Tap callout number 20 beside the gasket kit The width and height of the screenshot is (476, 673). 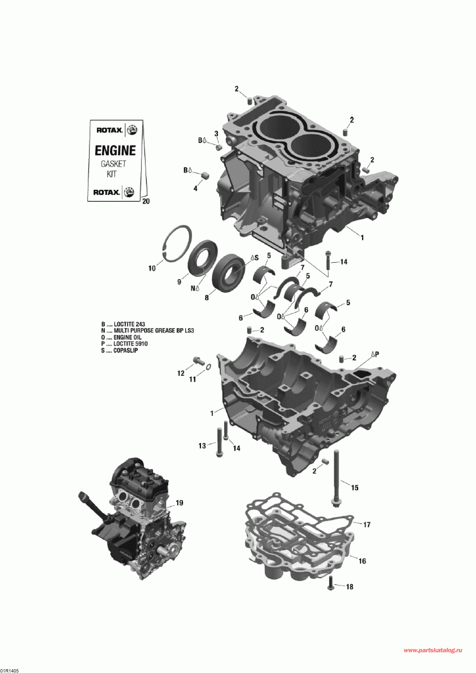(146, 201)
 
